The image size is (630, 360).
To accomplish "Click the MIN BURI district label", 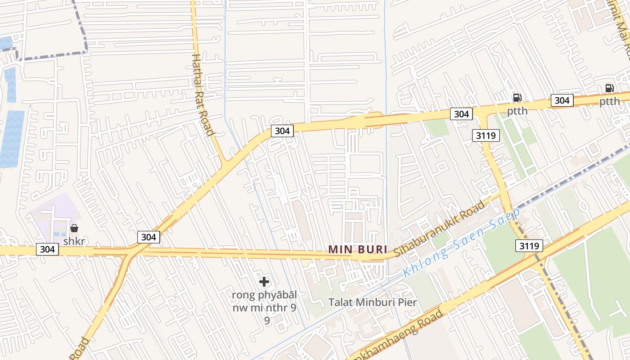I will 358,249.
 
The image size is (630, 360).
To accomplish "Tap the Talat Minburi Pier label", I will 373,302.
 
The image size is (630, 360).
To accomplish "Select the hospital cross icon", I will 264,282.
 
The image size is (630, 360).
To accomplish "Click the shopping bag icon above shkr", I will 74,228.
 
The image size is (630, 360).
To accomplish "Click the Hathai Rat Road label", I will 202,94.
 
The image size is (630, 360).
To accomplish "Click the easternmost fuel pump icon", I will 609,88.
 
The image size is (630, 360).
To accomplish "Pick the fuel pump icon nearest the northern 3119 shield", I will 517,97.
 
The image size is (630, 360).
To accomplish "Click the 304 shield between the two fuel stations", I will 562,100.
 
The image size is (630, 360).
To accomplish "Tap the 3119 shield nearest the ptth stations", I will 486,135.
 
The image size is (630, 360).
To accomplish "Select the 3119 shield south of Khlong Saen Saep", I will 529,245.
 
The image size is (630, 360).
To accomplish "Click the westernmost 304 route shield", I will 47,249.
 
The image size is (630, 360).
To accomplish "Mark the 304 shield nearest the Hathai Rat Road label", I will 282,131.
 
